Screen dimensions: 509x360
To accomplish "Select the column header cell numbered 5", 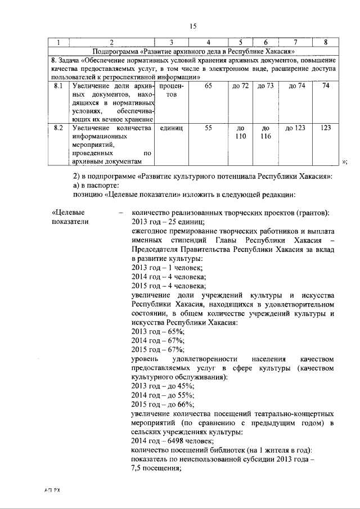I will tap(240, 42).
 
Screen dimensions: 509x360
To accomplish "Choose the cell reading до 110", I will tap(240, 132).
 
